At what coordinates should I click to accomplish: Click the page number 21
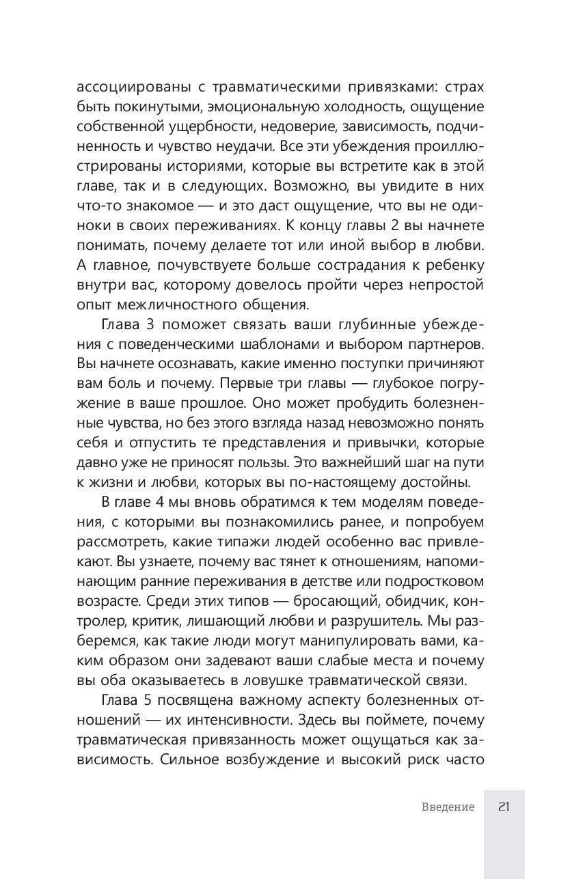pos(504,807)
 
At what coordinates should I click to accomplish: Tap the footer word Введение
pos(448,807)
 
